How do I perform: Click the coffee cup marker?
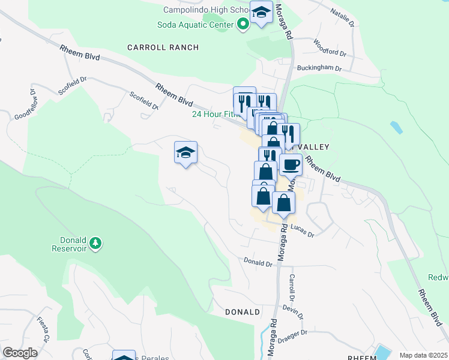click(291, 164)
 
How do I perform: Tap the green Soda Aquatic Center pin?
click(243, 25)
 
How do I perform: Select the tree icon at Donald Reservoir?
click(95, 243)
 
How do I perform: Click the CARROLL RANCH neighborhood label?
click(163, 47)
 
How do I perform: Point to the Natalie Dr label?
click(344, 17)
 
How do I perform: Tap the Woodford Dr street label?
click(330, 47)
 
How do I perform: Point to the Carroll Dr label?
click(292, 288)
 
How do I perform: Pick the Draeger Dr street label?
click(292, 332)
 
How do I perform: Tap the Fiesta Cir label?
click(43, 329)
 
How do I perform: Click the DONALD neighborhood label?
click(243, 312)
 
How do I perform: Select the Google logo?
click(20, 353)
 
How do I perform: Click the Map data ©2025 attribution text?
click(423, 355)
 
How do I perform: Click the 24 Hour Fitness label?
click(212, 114)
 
